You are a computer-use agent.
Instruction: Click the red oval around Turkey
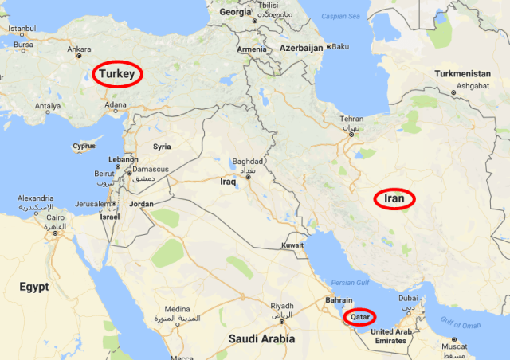click(x=117, y=75)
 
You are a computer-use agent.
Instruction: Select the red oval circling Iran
click(x=395, y=198)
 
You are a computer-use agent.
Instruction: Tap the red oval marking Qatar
click(x=359, y=317)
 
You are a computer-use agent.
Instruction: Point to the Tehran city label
click(x=351, y=119)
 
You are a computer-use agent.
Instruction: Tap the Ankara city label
click(x=79, y=49)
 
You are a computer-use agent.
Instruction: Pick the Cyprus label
click(x=84, y=147)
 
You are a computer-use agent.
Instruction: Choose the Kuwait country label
click(x=291, y=245)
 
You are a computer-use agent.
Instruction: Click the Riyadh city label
click(x=282, y=305)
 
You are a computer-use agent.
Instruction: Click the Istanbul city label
click(x=22, y=29)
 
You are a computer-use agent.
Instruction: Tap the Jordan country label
click(x=141, y=204)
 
